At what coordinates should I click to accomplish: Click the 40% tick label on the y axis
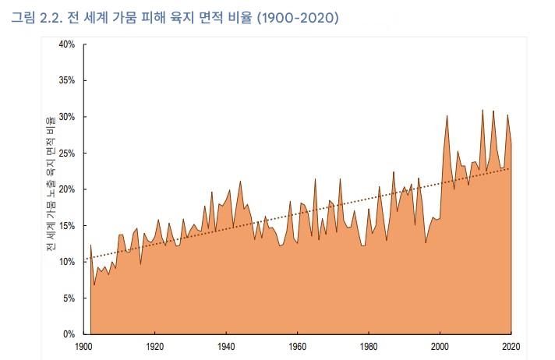point(66,44)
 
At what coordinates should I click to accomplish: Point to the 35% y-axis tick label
point(66,80)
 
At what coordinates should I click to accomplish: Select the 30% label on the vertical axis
point(66,117)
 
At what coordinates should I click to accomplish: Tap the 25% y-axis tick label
point(66,153)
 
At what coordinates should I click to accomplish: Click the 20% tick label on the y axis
point(66,189)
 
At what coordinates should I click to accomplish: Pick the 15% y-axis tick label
point(66,225)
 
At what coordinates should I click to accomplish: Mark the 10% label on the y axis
point(66,262)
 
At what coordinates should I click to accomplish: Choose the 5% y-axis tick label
point(69,298)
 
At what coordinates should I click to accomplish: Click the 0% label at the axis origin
point(69,334)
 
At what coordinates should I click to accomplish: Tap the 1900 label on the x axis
point(83,346)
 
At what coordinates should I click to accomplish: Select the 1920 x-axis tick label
point(154,346)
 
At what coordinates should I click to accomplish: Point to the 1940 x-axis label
point(226,346)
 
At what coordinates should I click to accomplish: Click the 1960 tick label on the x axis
point(298,346)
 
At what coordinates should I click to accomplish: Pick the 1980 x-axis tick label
point(369,346)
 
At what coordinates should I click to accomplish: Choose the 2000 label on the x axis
point(440,346)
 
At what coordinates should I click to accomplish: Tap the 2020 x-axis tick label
point(511,346)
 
